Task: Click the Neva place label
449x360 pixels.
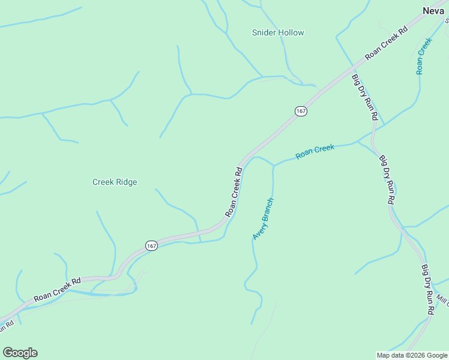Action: pyautogui.click(x=433, y=10)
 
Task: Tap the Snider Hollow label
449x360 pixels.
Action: pyautogui.click(x=278, y=33)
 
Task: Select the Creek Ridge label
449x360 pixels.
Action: pyautogui.click(x=115, y=182)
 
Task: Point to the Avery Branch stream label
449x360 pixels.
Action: pyautogui.click(x=263, y=219)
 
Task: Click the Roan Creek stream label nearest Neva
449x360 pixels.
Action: pyautogui.click(x=424, y=56)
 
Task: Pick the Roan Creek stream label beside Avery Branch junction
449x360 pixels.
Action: pyautogui.click(x=315, y=151)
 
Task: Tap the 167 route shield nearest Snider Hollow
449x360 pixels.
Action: pyautogui.click(x=301, y=111)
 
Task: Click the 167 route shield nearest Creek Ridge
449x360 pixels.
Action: pyautogui.click(x=151, y=246)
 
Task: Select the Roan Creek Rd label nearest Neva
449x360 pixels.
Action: pyautogui.click(x=386, y=41)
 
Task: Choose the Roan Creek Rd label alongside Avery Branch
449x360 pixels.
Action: pyautogui.click(x=234, y=192)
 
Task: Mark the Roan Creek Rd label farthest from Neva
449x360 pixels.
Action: pyautogui.click(x=57, y=289)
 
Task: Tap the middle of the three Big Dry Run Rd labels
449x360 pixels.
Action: pyautogui.click(x=387, y=180)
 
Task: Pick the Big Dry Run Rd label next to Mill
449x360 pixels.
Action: pyautogui.click(x=427, y=290)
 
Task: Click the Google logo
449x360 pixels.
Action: pyautogui.click(x=20, y=353)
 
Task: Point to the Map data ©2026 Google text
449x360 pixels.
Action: pyautogui.click(x=411, y=355)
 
